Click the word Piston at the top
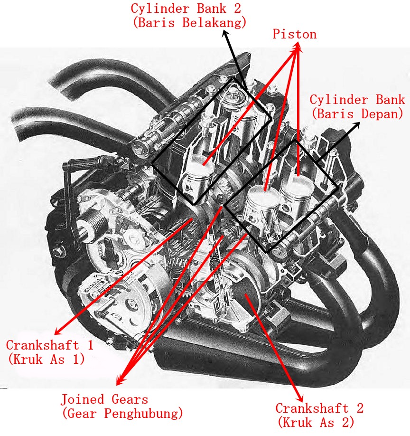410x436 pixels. pyautogui.click(x=294, y=34)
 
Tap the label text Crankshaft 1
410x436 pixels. pyautogui.click(x=49, y=345)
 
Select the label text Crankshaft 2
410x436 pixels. pyautogui.click(x=319, y=408)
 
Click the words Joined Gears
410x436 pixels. pyautogui.click(x=104, y=399)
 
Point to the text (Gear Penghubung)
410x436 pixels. pyautogui.click(x=122, y=414)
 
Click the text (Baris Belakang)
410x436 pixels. pyautogui.click(x=189, y=22)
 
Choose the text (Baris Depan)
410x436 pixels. pyautogui.click(x=357, y=114)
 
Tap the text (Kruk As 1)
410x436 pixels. pyautogui.click(x=47, y=359)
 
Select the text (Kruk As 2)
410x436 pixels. pyautogui.click(x=316, y=422)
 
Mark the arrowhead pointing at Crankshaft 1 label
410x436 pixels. pyautogui.click(x=58, y=331)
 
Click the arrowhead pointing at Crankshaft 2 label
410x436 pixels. pyautogui.click(x=300, y=398)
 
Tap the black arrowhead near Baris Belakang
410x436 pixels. pyautogui.click(x=225, y=34)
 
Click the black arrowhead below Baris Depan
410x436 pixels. pyautogui.click(x=356, y=126)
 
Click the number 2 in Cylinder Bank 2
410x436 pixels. pyautogui.click(x=237, y=9)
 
